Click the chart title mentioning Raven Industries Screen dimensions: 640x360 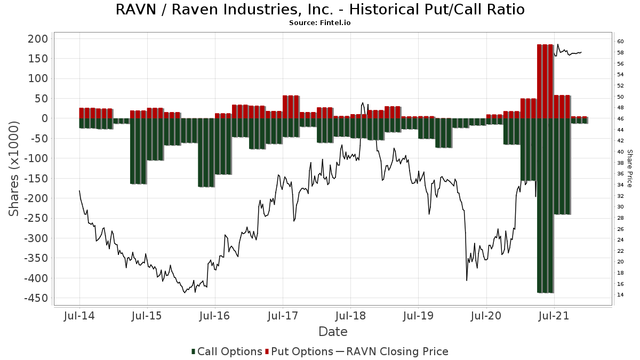click(x=320, y=10)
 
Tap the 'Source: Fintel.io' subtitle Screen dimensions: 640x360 click(x=319, y=23)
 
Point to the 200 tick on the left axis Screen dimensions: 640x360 click(x=38, y=39)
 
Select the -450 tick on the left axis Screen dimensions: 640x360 click(x=36, y=298)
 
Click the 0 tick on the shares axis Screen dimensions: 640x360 click(x=45, y=118)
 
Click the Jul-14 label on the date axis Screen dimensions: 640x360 click(x=79, y=316)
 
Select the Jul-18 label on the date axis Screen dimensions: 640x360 click(x=350, y=316)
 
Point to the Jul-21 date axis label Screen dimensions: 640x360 click(x=554, y=316)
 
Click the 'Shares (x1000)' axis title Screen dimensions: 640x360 click(x=13, y=169)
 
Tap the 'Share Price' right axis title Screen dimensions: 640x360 click(x=629, y=169)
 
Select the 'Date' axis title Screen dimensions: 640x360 click(x=333, y=332)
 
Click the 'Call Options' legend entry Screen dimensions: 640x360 click(x=227, y=351)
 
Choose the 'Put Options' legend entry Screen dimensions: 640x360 click(x=299, y=351)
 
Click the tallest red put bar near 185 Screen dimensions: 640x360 click(x=545, y=82)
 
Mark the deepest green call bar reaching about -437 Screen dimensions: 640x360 click(x=545, y=205)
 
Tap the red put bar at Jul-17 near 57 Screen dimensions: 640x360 click(x=291, y=107)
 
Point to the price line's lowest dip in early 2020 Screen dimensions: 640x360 click(x=467, y=281)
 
